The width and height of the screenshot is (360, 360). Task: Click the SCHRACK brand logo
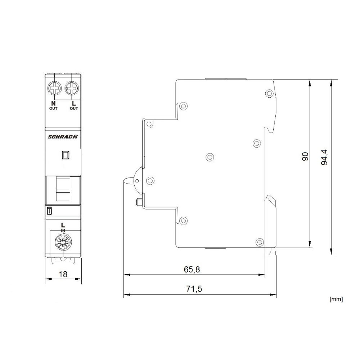point(63,136)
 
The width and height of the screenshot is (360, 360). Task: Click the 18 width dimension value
point(63,274)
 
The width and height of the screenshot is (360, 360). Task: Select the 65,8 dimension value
point(192,270)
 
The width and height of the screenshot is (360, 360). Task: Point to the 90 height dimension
point(305,156)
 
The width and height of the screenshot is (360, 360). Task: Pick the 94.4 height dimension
point(325,158)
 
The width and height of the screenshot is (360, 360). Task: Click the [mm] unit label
point(336,299)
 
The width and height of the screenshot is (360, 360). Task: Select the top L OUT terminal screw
point(72,87)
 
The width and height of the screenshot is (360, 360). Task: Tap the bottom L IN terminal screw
point(63,244)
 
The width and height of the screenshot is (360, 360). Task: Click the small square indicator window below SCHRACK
point(66,155)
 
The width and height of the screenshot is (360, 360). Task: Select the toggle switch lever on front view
point(63,189)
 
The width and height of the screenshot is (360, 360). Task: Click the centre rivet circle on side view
point(209,157)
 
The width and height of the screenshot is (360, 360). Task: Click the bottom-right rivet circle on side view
point(259,242)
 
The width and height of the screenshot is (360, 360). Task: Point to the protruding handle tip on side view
point(127,180)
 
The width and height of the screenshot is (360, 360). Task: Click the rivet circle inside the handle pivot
point(150,180)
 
